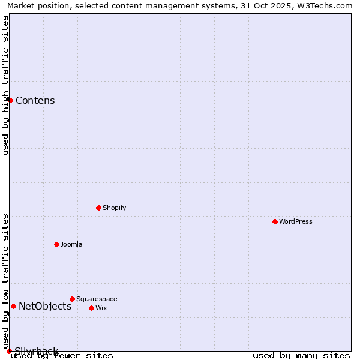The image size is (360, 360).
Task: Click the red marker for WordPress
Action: tap(275, 221)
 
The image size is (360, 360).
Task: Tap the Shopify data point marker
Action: tap(99, 208)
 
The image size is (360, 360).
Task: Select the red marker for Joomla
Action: tap(57, 244)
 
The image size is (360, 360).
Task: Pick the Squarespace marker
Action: tap(73, 299)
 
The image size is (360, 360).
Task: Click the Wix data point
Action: tap(92, 308)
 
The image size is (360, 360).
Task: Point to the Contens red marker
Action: tap(11, 100)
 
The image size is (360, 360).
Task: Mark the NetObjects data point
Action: tap(14, 306)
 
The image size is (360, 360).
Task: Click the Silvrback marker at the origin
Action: tap(9, 351)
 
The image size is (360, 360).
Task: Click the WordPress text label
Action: tap(296, 221)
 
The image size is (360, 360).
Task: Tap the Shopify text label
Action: tap(115, 208)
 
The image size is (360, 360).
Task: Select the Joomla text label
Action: tap(71, 244)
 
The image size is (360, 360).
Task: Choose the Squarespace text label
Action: tap(97, 299)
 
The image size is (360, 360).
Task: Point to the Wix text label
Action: tap(101, 308)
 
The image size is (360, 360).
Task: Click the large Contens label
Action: tap(35, 100)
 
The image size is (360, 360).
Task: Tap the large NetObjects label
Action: tap(45, 306)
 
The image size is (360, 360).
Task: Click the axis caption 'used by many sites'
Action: tap(301, 355)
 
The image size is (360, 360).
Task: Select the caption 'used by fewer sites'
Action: tap(62, 355)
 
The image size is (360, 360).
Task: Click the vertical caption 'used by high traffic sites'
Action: tap(6, 85)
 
